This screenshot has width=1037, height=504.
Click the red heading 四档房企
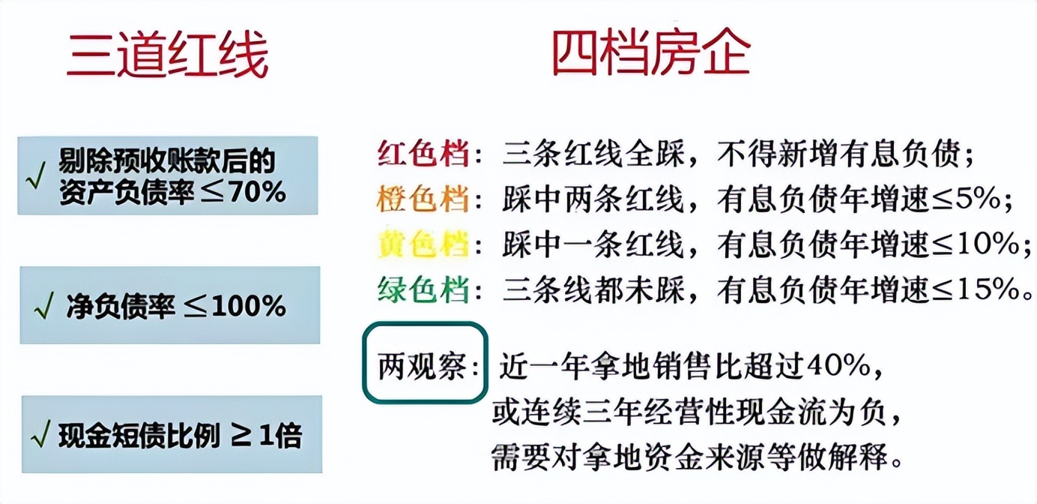651,55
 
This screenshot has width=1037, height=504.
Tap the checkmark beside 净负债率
44,306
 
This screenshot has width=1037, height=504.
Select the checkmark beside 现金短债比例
40,434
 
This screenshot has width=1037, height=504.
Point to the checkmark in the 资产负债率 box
36,176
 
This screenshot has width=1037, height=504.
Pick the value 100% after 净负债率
249,306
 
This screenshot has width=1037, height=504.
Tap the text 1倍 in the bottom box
280,436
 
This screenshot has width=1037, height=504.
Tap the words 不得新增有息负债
839,153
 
